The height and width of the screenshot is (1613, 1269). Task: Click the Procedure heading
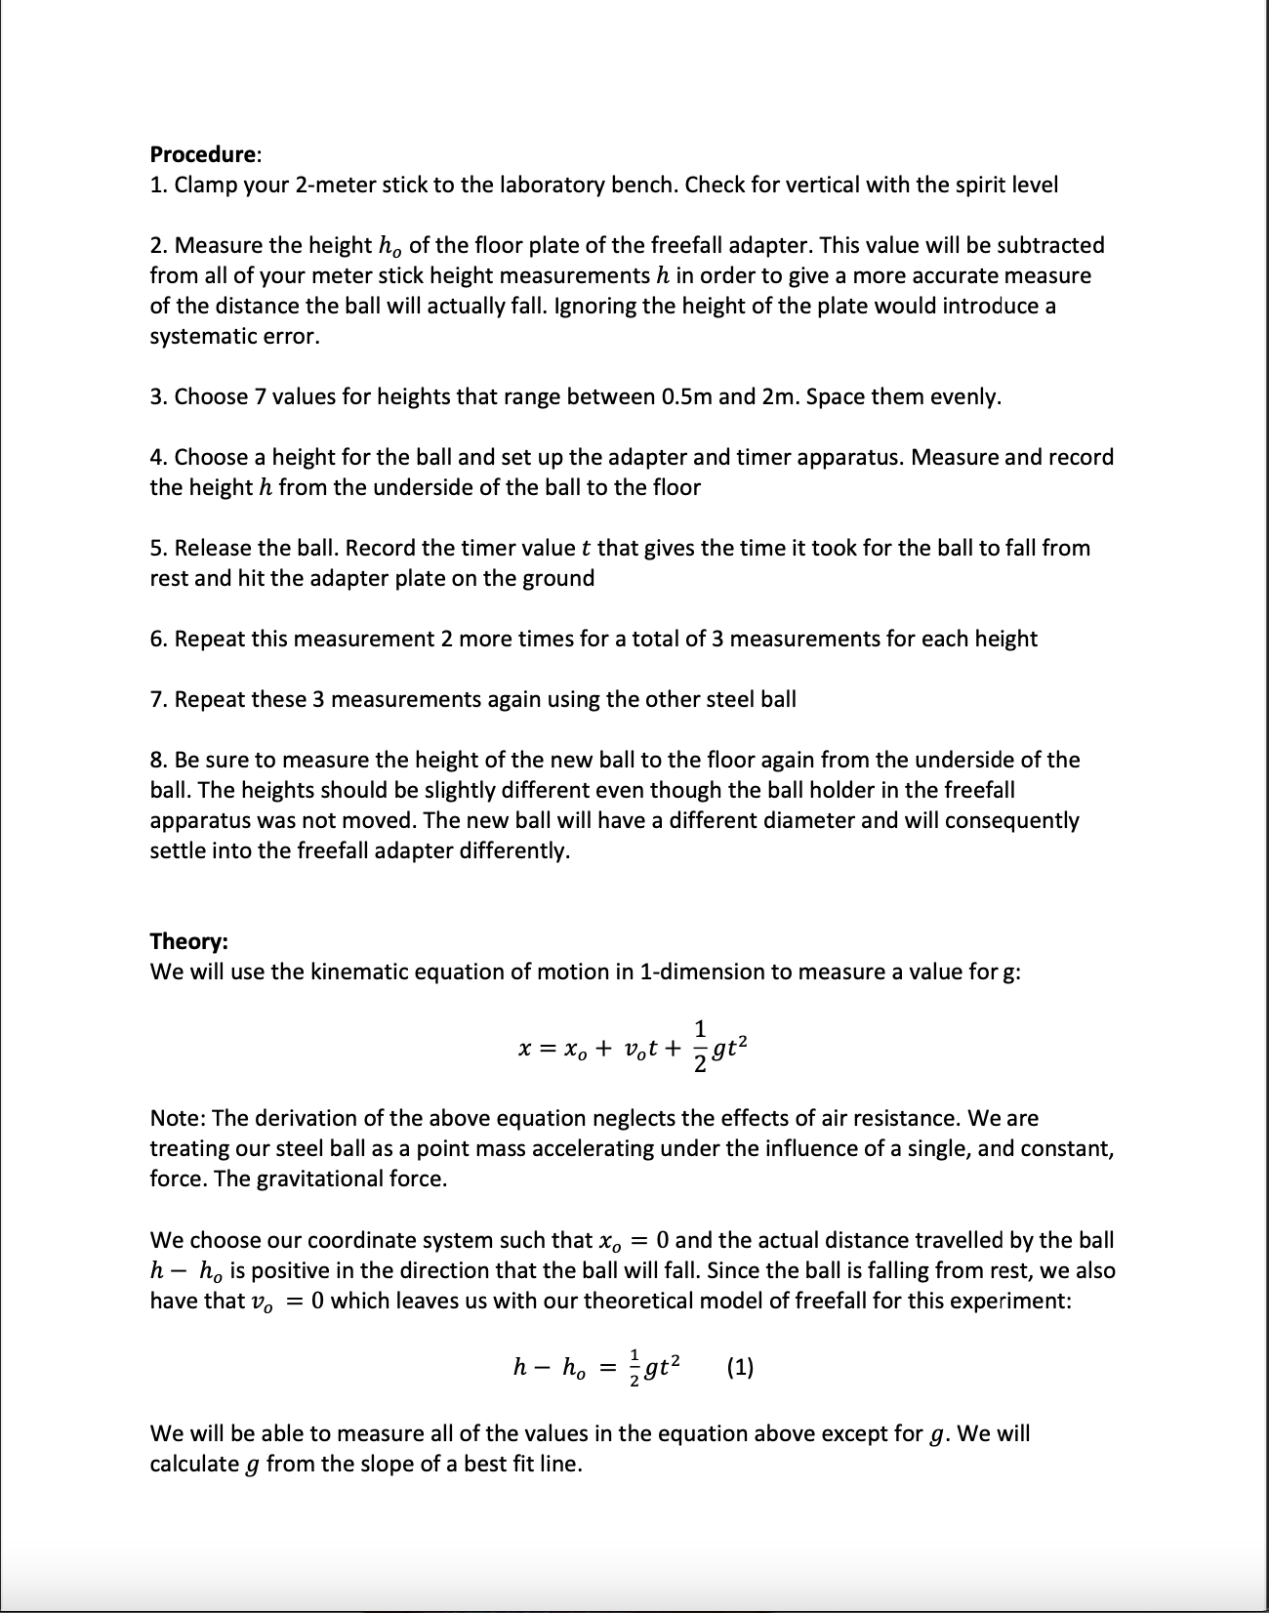coord(204,154)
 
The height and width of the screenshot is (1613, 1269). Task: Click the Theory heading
coord(188,941)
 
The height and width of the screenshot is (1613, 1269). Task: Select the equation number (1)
coord(740,1367)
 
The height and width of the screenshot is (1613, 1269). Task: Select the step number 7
coord(156,699)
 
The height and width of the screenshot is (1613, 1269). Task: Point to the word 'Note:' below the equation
coord(177,1118)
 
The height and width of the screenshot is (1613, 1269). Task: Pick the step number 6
coord(156,639)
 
